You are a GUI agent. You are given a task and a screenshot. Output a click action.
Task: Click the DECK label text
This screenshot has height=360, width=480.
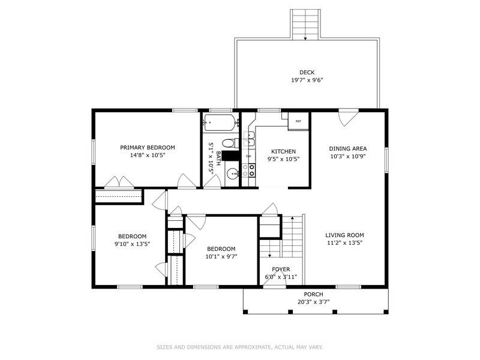(307, 73)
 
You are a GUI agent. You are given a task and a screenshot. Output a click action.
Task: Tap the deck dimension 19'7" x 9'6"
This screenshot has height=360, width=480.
(307, 80)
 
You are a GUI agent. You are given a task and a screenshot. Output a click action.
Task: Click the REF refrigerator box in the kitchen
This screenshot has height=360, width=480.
(298, 121)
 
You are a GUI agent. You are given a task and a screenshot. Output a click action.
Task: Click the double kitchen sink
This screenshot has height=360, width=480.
(249, 139)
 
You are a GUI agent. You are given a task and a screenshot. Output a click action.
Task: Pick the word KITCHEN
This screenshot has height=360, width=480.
(283, 151)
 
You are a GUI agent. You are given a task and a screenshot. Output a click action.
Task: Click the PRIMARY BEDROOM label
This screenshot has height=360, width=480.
(147, 148)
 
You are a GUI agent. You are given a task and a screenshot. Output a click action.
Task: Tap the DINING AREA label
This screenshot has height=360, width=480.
(347, 149)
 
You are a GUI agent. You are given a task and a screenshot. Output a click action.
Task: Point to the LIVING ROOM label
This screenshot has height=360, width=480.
(344, 235)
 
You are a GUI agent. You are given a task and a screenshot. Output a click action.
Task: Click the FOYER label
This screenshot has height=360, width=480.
(280, 269)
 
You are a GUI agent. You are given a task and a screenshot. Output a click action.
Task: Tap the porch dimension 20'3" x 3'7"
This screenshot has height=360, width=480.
(313, 302)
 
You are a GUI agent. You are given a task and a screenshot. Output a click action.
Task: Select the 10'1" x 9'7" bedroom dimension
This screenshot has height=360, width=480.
(221, 257)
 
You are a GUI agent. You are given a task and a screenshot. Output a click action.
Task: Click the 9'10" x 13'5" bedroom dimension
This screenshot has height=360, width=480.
(132, 244)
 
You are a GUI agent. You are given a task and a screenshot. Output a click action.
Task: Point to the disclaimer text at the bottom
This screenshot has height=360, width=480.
(240, 347)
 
